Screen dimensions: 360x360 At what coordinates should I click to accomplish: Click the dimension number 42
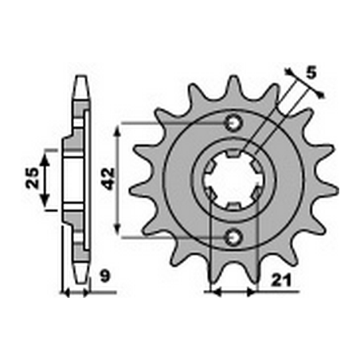tap(109, 178)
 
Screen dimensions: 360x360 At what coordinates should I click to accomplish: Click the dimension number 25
tap(33, 178)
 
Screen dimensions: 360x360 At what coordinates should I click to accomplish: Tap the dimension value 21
tap(281, 280)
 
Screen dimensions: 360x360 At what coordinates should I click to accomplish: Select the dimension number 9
tap(105, 276)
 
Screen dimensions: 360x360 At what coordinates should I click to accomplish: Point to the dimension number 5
tap(311, 72)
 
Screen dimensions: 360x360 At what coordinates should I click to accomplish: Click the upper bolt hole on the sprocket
tap(233, 123)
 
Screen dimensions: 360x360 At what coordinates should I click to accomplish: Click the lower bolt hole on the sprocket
tap(233, 237)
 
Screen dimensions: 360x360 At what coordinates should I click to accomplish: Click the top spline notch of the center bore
tap(233, 153)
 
